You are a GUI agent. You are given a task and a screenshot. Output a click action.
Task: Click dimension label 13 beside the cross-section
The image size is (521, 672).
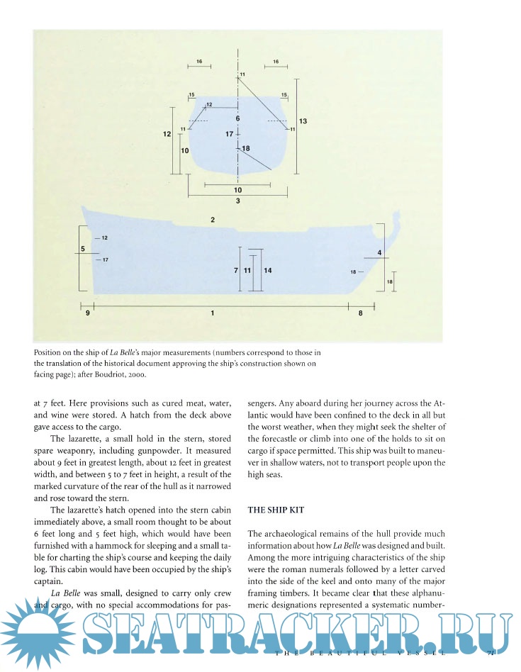tap(303, 121)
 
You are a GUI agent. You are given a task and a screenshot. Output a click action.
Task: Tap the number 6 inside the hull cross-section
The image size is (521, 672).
tap(237, 118)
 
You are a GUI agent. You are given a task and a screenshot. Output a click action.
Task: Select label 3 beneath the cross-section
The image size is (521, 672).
tap(237, 201)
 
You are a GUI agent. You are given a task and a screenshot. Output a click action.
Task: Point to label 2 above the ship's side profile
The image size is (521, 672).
tap(213, 220)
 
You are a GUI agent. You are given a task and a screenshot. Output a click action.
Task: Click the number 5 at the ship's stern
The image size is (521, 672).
tap(83, 249)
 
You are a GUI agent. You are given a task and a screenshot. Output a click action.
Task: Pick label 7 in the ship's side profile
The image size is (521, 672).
tap(235, 270)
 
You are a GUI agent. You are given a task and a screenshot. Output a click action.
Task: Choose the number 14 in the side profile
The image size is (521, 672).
tap(268, 270)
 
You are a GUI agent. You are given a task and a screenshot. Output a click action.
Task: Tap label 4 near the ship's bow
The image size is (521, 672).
tap(380, 253)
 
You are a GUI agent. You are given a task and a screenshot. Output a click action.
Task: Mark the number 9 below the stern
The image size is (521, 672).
tap(88, 313)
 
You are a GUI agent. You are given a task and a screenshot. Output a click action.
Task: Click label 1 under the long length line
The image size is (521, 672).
tap(213, 313)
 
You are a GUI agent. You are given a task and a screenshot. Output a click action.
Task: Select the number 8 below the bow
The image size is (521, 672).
tap(360, 313)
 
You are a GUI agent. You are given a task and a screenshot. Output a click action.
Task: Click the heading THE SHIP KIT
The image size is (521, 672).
tap(275, 510)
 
